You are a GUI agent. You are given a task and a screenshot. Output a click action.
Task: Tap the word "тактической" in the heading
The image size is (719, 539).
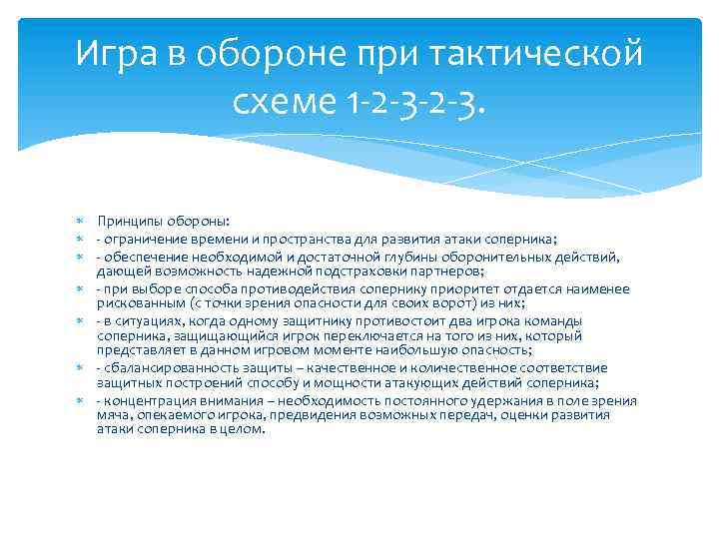(x=541, y=53)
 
